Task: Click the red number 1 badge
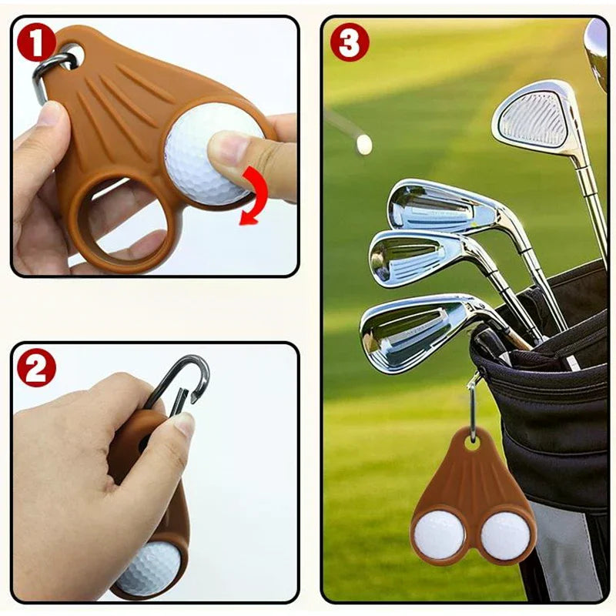coord(36,42)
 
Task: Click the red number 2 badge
coord(36,367)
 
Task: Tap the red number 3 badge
coord(350,42)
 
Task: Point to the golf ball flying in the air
coord(364,144)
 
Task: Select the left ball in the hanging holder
coord(439,534)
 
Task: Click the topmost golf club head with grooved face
coord(534,118)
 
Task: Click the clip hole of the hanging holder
coord(472,442)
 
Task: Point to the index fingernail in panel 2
coord(185,423)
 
